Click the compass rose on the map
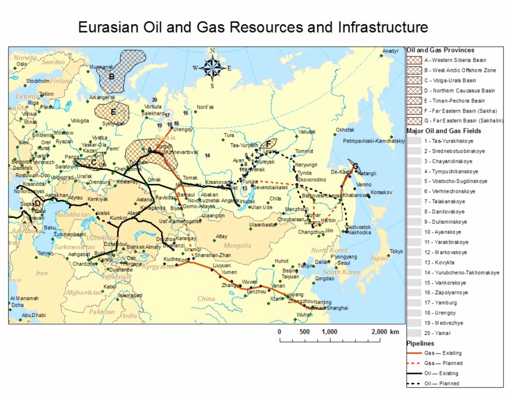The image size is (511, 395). coord(213,67)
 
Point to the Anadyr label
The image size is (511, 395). coord(390,51)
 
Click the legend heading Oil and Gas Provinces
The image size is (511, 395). coord(440,50)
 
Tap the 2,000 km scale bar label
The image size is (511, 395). coord(385,332)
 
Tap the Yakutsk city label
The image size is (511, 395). coord(308,131)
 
